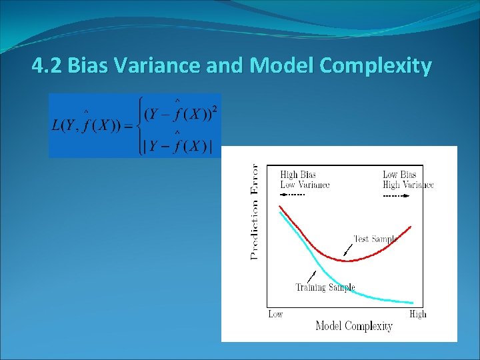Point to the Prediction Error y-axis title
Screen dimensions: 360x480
tap(254, 211)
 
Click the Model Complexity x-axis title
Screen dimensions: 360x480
tap(353, 326)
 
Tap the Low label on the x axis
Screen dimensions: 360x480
tap(275, 314)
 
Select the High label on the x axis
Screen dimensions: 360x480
tap(417, 314)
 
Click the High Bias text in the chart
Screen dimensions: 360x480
tap(298, 175)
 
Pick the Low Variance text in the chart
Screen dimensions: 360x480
tap(305, 185)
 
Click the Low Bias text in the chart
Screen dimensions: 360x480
tap(399, 175)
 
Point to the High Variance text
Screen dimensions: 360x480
tap(407, 185)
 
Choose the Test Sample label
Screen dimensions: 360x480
tap(375, 239)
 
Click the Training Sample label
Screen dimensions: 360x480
tap(325, 287)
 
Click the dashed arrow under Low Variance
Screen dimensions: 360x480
tap(292, 195)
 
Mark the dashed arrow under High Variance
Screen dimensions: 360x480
tap(395, 197)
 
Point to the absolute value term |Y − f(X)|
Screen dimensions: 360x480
tap(181, 146)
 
